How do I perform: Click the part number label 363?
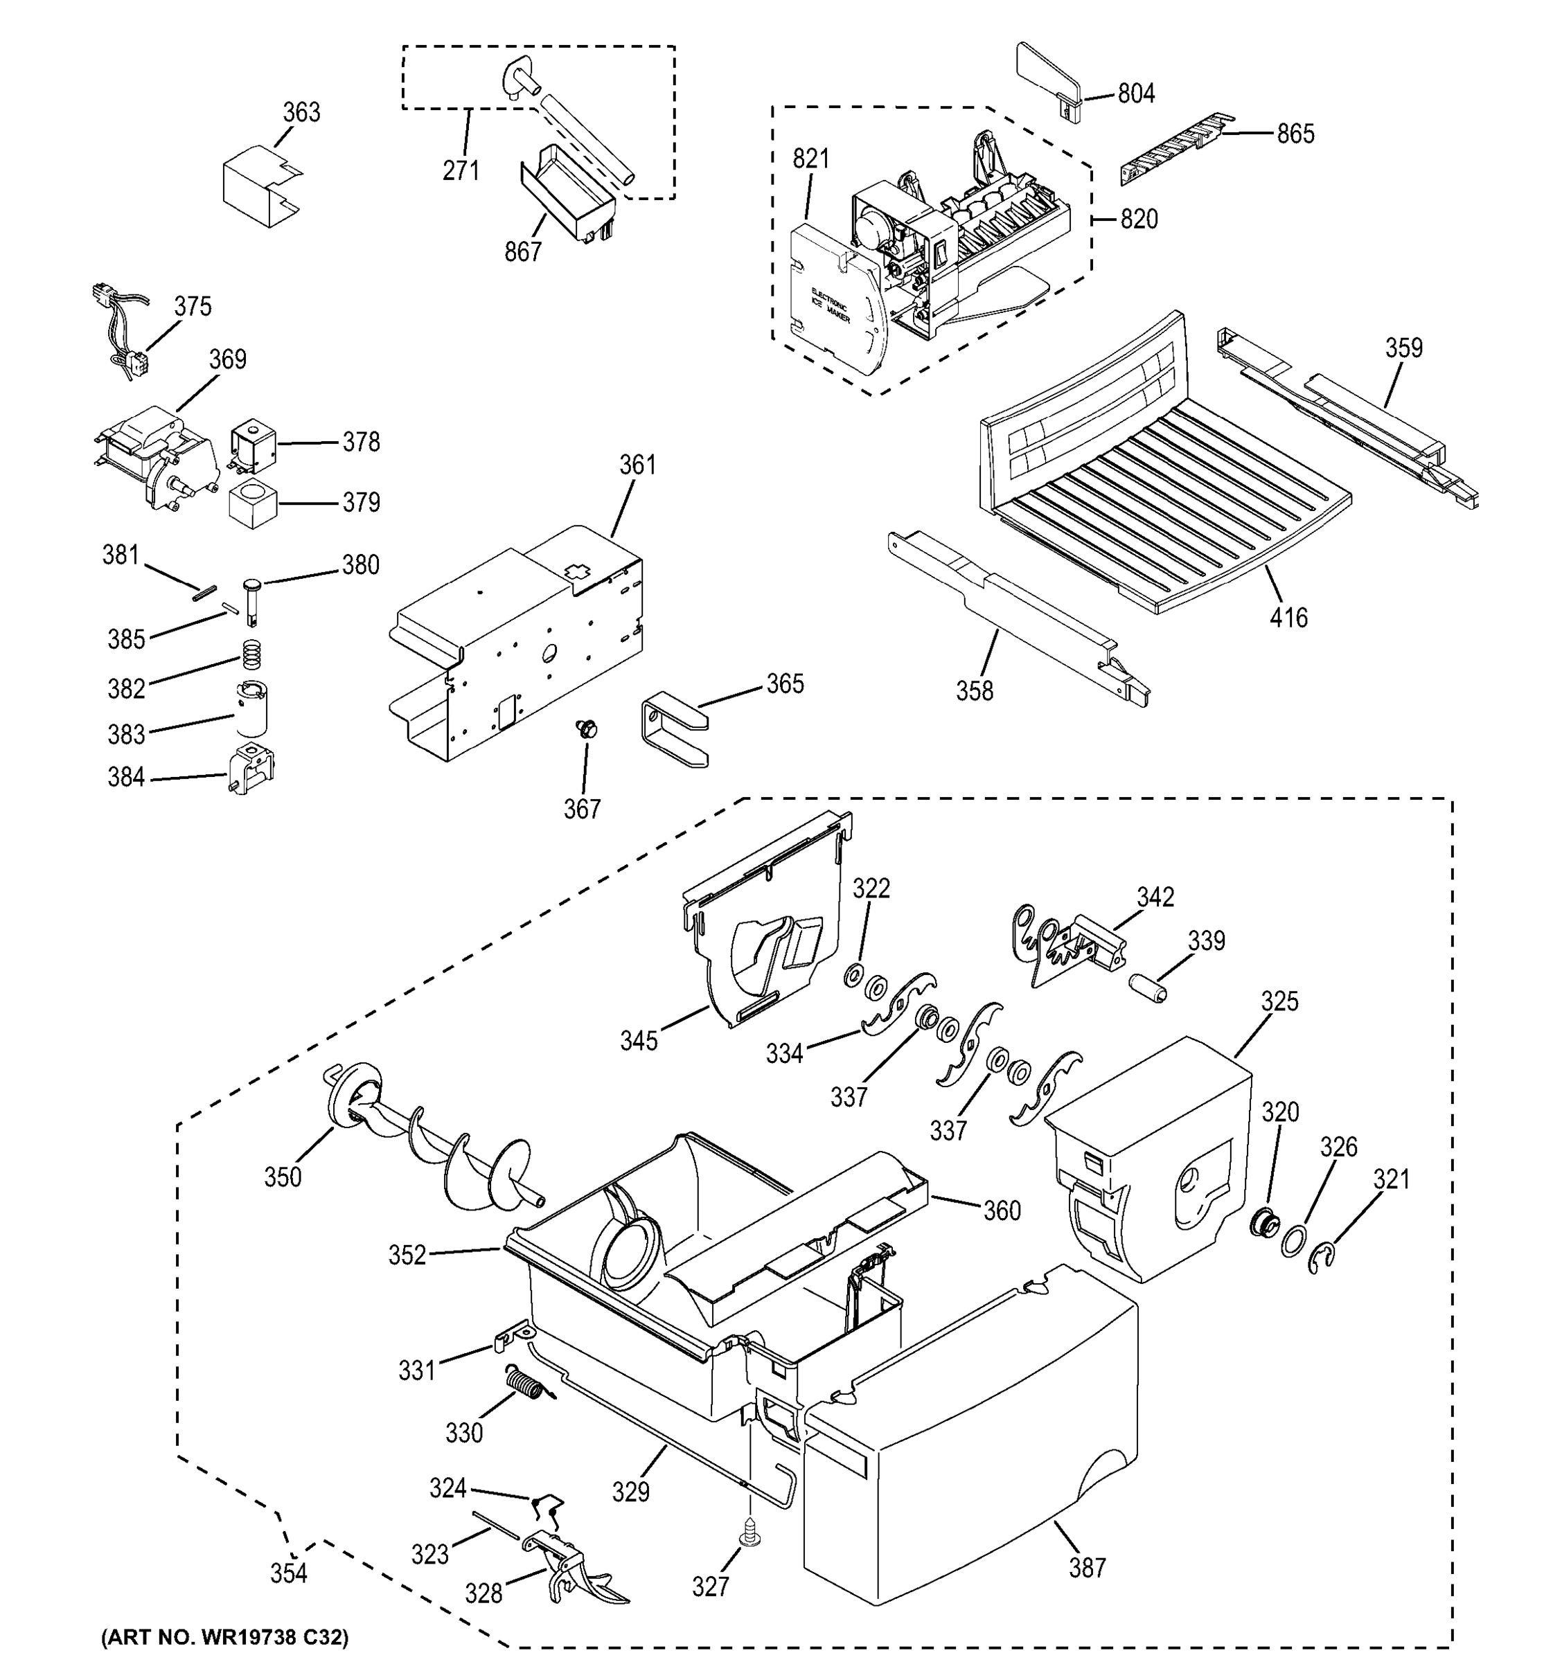(x=301, y=112)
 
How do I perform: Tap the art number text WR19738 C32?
(x=224, y=1637)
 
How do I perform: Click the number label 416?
(x=1288, y=618)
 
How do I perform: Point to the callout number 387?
(x=1087, y=1568)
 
